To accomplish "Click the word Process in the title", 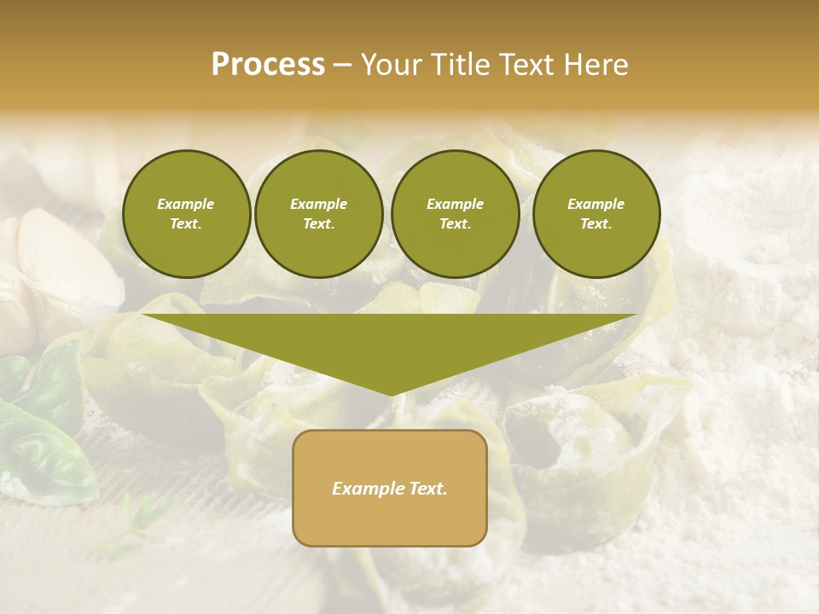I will (268, 65).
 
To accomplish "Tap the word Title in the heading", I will (461, 65).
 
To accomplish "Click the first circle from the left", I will (186, 213).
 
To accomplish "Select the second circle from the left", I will (318, 213).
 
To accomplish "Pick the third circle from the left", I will (455, 213).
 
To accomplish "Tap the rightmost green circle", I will (595, 213).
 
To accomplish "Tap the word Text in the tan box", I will (427, 489).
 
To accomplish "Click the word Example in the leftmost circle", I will (186, 204).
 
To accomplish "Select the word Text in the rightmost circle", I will (595, 223).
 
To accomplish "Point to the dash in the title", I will (342, 66).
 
